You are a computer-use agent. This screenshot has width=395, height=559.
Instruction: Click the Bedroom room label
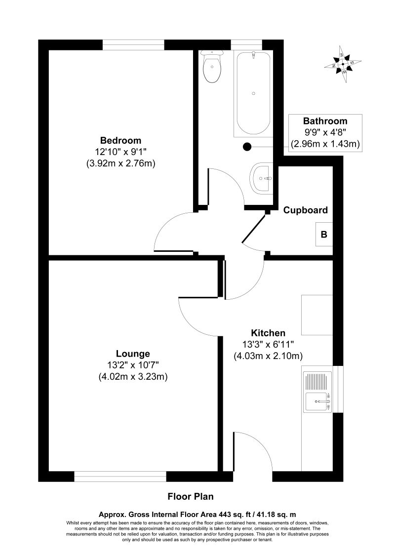tap(121, 140)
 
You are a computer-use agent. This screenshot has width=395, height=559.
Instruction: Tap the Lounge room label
tap(133, 354)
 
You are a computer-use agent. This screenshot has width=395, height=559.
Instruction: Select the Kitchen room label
tap(268, 333)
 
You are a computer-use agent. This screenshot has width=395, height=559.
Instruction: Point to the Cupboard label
tap(305, 210)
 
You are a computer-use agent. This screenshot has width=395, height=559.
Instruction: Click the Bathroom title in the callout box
tap(325, 121)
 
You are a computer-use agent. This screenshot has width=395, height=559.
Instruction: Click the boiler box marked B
tap(324, 235)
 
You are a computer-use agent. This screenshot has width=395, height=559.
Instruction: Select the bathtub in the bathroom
tap(253, 94)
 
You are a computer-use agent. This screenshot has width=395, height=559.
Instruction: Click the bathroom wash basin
tap(262, 177)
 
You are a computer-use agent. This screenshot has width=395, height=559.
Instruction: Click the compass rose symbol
tap(343, 64)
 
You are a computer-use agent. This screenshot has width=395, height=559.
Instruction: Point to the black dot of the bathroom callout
tap(247, 146)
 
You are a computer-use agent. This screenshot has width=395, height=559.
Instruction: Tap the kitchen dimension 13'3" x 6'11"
tap(268, 344)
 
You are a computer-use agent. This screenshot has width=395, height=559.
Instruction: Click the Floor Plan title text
tap(191, 496)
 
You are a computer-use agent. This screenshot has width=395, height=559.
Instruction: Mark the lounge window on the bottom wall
tap(120, 477)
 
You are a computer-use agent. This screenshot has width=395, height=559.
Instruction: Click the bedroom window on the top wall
tap(133, 44)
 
